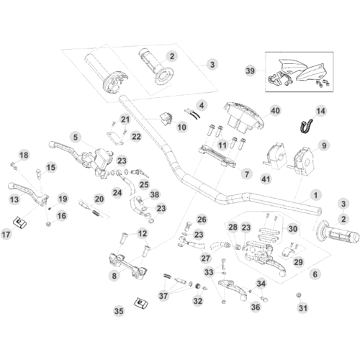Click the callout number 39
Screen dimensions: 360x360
pyautogui.click(x=250, y=71)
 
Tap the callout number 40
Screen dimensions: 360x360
pyautogui.click(x=275, y=111)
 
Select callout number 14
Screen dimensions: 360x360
pyautogui.click(x=320, y=111)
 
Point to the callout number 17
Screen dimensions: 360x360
pyautogui.click(x=6, y=234)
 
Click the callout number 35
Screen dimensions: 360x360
pyautogui.click(x=119, y=311)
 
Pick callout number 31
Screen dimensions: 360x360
pyautogui.click(x=303, y=308)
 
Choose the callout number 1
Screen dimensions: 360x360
pyautogui.click(x=315, y=195)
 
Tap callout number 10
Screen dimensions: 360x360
pyautogui.click(x=182, y=127)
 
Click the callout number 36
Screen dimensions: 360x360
pyautogui.click(x=256, y=307)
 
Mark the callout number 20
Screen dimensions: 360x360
pyautogui.click(x=99, y=199)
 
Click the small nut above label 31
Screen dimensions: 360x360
pyautogui.click(x=299, y=295)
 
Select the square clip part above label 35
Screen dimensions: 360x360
pyautogui.click(x=140, y=302)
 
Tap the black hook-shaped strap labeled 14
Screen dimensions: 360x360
pyautogui.click(x=307, y=126)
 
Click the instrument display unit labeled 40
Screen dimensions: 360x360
pyautogui.click(x=243, y=117)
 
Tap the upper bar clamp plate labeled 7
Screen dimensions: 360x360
pyautogui.click(x=217, y=156)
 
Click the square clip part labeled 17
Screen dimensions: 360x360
pyautogui.click(x=20, y=222)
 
